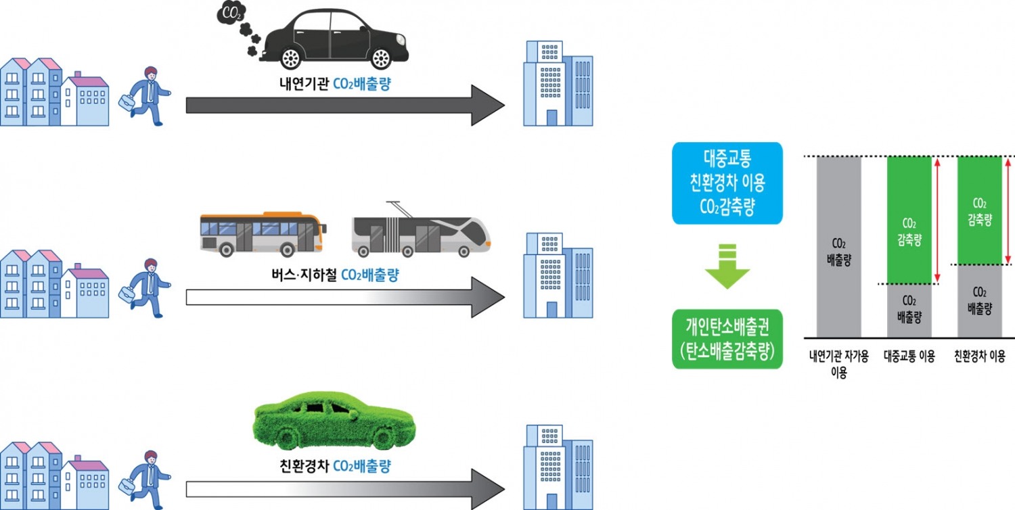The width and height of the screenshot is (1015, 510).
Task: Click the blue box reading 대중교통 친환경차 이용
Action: tap(727, 183)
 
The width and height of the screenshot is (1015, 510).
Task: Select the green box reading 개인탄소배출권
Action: tap(727, 339)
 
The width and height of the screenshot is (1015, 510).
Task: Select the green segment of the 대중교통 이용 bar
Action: tap(909, 220)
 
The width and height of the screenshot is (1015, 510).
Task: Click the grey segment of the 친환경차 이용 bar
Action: tap(980, 301)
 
